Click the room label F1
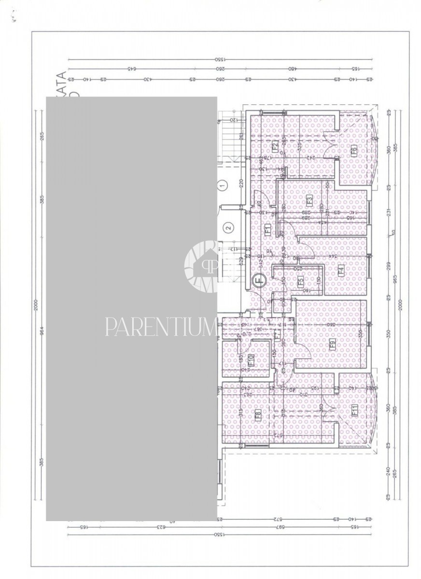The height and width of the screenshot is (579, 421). tap(267, 230)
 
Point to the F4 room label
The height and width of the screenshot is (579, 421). tap(341, 271)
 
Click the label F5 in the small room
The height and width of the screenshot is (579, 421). tap(300, 281)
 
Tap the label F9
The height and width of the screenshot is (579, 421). tap(332, 344)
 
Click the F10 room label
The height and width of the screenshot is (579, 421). tap(251, 359)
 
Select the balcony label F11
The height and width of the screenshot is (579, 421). tap(354, 411)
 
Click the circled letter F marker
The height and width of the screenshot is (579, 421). tap(259, 279)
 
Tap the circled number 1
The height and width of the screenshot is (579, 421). tap(222, 184)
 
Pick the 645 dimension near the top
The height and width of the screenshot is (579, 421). tap(129, 69)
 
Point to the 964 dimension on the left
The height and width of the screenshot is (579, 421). tap(42, 331)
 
